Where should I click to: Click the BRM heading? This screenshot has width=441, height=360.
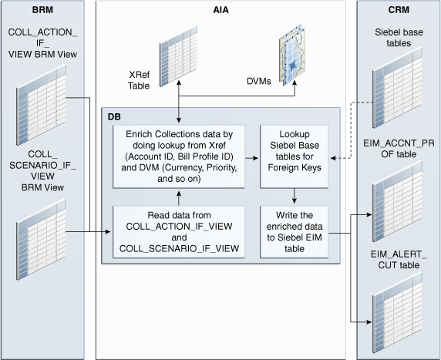point(42,10)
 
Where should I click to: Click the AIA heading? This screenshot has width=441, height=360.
point(220,10)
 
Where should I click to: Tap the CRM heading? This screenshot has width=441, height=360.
point(399,10)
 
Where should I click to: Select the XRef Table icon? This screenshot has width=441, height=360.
point(178,56)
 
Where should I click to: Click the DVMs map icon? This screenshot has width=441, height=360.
point(292,56)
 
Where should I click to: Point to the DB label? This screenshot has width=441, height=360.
point(114,116)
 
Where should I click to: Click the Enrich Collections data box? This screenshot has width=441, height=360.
point(179,156)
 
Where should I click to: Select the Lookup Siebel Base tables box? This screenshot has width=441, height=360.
point(295,156)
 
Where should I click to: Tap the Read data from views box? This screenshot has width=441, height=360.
point(179,232)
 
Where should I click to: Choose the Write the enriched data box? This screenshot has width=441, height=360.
point(295,232)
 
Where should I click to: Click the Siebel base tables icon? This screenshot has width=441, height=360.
point(397,88)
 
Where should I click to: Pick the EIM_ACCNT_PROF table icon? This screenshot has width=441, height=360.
point(397,201)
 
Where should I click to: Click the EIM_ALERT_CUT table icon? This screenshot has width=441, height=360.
point(397,312)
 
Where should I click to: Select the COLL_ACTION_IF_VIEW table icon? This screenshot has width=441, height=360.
point(41,105)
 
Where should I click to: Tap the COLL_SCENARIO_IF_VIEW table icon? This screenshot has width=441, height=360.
point(41,240)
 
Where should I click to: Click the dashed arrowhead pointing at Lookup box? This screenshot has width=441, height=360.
point(334,158)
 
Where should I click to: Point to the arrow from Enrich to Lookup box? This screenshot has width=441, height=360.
point(251,158)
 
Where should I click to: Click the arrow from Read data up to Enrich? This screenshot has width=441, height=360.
point(179,199)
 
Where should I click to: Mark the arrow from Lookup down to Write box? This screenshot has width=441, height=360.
point(295,196)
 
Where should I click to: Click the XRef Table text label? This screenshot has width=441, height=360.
point(139,80)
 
